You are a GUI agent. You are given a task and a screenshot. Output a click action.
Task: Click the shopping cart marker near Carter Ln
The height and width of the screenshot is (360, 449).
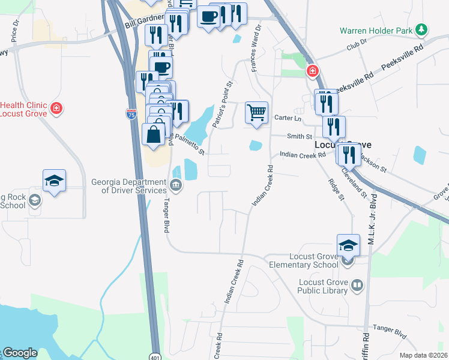tap(256, 113)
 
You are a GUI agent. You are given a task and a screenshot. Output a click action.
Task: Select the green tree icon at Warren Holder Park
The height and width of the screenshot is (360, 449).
tap(422, 29)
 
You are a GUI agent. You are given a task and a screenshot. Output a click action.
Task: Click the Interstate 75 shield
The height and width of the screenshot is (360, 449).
tap(130, 114)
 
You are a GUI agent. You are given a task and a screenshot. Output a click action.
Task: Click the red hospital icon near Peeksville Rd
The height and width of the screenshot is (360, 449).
tap(312, 72)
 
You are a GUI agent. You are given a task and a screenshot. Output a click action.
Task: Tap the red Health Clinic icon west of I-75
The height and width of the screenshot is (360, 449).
tap(56, 108)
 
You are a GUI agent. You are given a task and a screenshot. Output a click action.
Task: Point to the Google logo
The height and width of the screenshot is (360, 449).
tap(20, 353)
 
